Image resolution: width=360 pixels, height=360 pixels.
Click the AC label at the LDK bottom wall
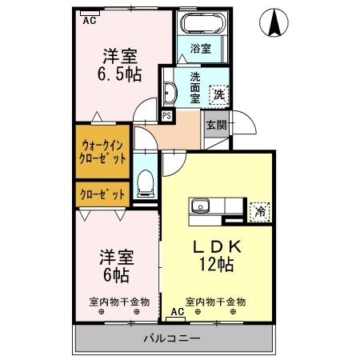point(175,312)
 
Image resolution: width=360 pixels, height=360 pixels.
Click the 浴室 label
point(201,48)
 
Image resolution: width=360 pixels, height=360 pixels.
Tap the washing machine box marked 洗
point(218,94)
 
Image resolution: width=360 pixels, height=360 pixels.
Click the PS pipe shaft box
point(166,115)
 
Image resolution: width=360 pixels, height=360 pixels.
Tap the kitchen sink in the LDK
point(198,207)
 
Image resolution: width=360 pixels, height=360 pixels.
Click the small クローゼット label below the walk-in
point(102,194)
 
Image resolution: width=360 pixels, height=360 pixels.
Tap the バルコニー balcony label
point(172,338)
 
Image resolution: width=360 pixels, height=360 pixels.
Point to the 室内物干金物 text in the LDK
point(215,302)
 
